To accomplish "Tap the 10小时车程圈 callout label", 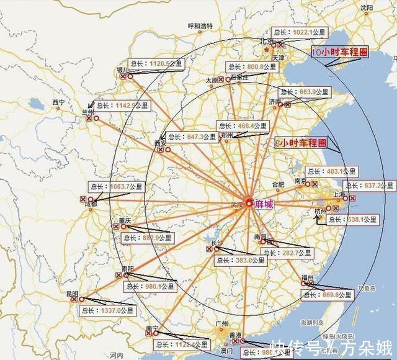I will tap(338, 53).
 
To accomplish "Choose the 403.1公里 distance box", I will tap(332, 171).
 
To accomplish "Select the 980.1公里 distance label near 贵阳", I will tap(151, 286).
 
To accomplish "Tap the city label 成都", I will tap(91, 204).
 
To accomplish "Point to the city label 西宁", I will tap(58, 102).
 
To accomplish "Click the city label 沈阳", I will tap(368, 7).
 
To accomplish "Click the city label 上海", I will tap(339, 194).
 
